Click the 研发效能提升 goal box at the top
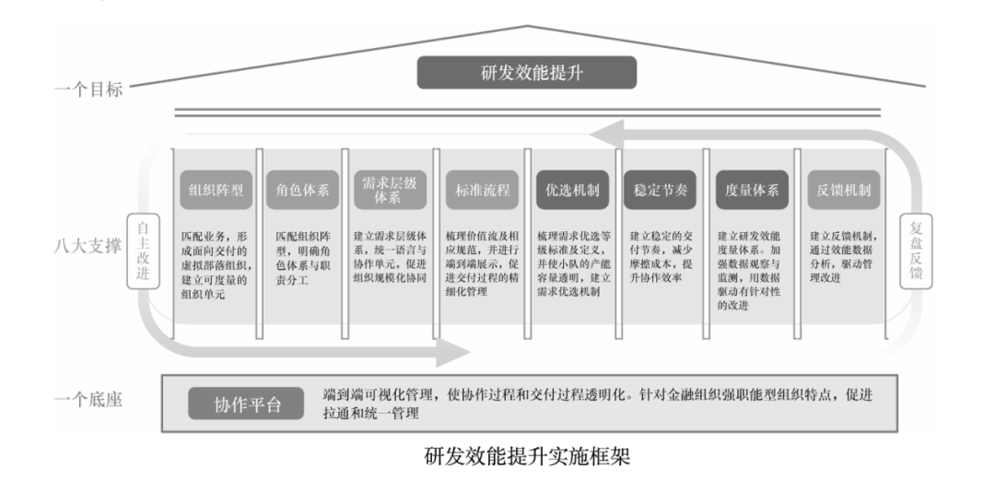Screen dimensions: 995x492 tap(526, 73)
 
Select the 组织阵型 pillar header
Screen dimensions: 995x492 tap(216, 191)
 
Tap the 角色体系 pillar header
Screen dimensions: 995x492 tap(303, 191)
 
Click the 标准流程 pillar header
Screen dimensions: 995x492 tap(481, 191)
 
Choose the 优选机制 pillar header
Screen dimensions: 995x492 tap(570, 191)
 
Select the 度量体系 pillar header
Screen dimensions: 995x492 tap(751, 191)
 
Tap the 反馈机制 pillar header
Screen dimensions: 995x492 tap(841, 191)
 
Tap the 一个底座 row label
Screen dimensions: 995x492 tap(87, 400)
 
